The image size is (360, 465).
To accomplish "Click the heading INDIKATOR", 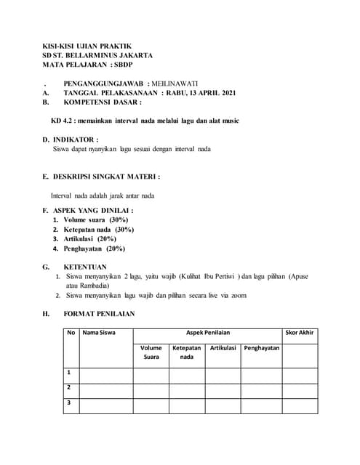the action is (x=75, y=139).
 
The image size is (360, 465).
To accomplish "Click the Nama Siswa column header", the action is (x=97, y=333).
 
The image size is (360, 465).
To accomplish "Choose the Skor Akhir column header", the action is (x=299, y=333).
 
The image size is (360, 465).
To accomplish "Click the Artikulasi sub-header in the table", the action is (x=223, y=348).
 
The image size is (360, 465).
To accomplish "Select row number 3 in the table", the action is (x=69, y=402).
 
